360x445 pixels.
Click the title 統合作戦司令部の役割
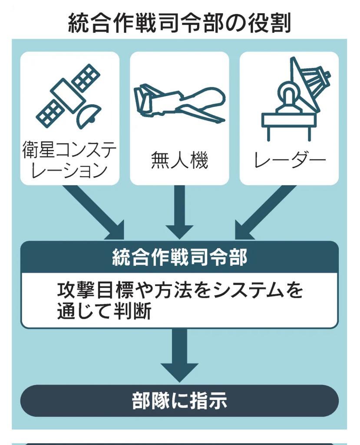click(179, 22)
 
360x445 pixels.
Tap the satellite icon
click(69, 96)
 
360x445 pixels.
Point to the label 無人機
click(179, 160)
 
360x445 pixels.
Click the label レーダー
click(290, 160)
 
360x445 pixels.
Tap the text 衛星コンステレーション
click(69, 160)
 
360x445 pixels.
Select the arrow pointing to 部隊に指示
click(179, 354)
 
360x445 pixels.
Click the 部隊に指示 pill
click(179, 401)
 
